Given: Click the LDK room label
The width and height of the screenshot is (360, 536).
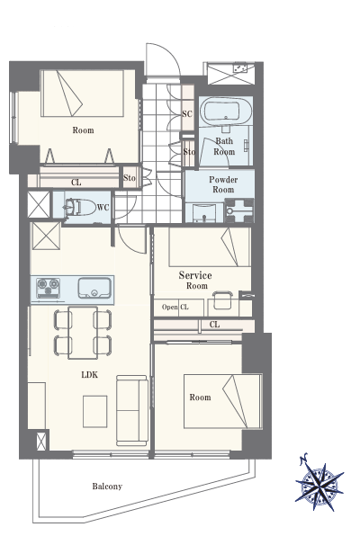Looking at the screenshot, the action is tap(90, 375).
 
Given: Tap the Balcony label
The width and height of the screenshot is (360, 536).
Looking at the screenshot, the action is tap(107, 487).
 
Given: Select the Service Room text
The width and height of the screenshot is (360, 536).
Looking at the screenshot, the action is tap(195, 280).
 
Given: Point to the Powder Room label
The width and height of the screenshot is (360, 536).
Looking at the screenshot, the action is tap(223, 184).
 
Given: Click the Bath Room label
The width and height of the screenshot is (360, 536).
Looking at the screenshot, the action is tap(224, 146).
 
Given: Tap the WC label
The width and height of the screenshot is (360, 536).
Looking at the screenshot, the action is tap(103, 208).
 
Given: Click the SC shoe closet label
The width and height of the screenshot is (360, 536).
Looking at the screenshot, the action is tap(187, 114).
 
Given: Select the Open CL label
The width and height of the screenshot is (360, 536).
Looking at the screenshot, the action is tap(175, 307).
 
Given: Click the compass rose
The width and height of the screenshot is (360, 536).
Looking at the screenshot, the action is tap(319, 482).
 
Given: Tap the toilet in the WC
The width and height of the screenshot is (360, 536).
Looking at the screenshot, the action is tap(78, 207).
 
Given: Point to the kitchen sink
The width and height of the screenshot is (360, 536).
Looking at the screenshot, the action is tap(94, 288).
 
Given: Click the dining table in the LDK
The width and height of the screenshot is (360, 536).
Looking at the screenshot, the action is tap(83, 333).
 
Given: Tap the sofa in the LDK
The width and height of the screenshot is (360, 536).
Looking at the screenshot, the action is tap(131, 410).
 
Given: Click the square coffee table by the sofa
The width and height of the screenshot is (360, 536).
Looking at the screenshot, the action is tap(94, 411).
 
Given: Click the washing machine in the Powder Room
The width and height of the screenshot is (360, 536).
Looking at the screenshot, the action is tap(239, 210).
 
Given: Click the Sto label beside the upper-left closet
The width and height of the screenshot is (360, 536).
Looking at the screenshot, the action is tap(130, 178).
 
